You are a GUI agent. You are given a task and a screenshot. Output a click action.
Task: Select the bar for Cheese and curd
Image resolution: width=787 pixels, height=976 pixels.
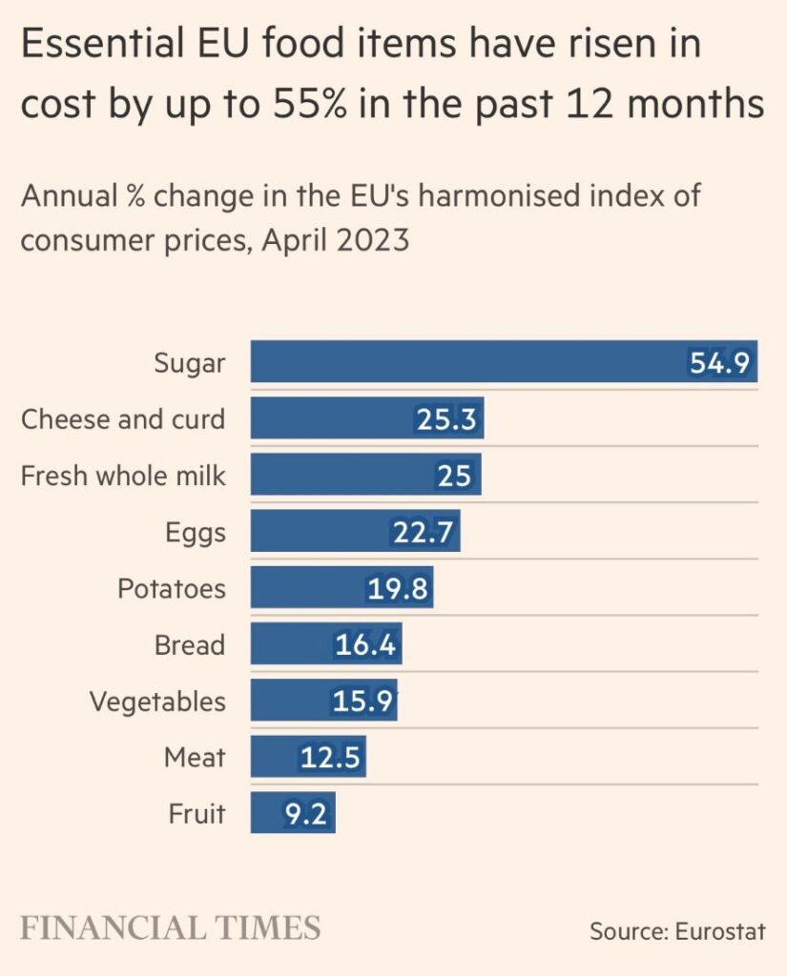(367, 418)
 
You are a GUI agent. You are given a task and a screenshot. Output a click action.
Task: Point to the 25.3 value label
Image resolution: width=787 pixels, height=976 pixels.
(445, 419)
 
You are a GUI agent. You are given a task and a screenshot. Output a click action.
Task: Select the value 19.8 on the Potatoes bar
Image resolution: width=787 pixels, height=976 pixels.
(398, 588)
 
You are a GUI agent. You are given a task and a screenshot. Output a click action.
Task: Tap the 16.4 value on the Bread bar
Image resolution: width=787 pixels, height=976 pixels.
(365, 645)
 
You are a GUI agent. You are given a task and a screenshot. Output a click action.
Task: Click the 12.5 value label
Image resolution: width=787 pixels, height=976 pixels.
(329, 758)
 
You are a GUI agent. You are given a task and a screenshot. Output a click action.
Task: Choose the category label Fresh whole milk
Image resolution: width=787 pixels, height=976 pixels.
(123, 475)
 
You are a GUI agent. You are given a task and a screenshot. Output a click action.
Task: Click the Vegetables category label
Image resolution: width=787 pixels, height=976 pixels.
(157, 701)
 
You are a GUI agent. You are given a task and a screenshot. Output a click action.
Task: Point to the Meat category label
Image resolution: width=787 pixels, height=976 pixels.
(195, 758)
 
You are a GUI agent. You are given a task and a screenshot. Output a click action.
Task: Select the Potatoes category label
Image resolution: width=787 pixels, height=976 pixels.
(172, 588)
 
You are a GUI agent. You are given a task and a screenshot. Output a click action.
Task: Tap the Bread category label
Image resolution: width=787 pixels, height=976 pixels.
(190, 645)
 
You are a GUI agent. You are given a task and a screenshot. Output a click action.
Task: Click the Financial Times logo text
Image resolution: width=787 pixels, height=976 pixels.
(171, 927)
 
